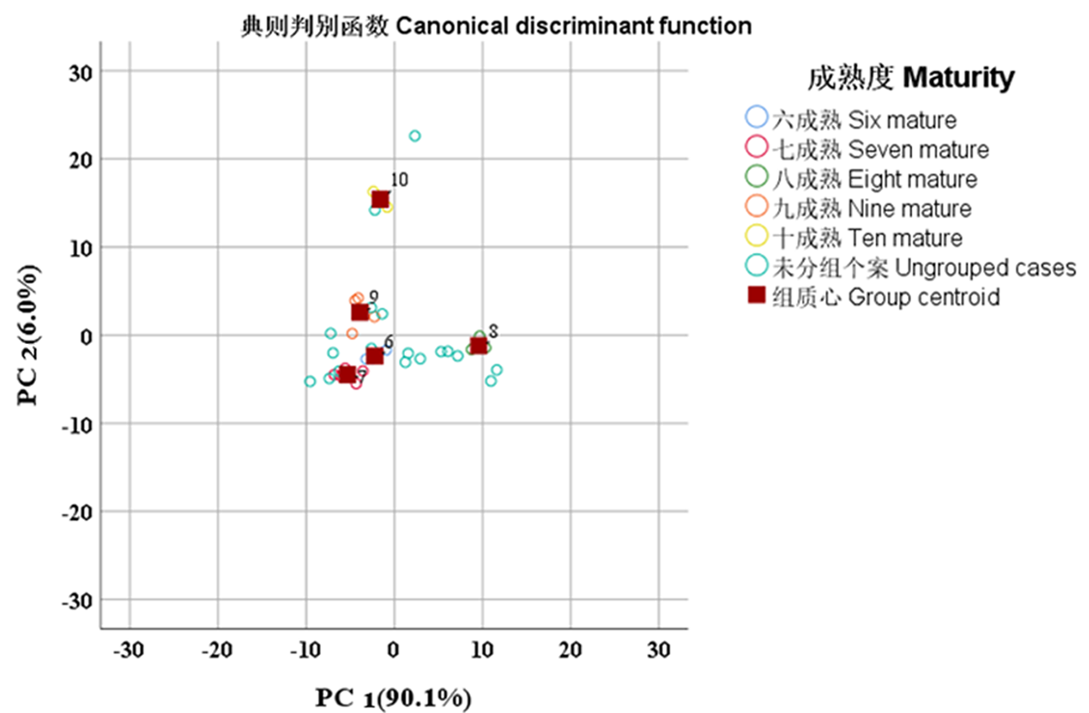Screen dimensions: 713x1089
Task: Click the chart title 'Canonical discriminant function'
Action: (495, 26)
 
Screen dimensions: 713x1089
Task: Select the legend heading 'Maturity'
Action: (910, 78)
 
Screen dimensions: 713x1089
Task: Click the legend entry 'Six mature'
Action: (863, 119)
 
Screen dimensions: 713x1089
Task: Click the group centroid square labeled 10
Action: (381, 200)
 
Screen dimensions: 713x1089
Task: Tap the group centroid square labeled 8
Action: (479, 345)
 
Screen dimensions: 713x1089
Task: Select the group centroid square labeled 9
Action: (360, 312)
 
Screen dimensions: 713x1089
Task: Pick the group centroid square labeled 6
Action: (375, 355)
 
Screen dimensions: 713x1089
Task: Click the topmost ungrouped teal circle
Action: (414, 136)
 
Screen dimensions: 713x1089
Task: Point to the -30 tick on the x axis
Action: (129, 649)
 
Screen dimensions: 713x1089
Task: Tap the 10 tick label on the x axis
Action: (482, 649)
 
